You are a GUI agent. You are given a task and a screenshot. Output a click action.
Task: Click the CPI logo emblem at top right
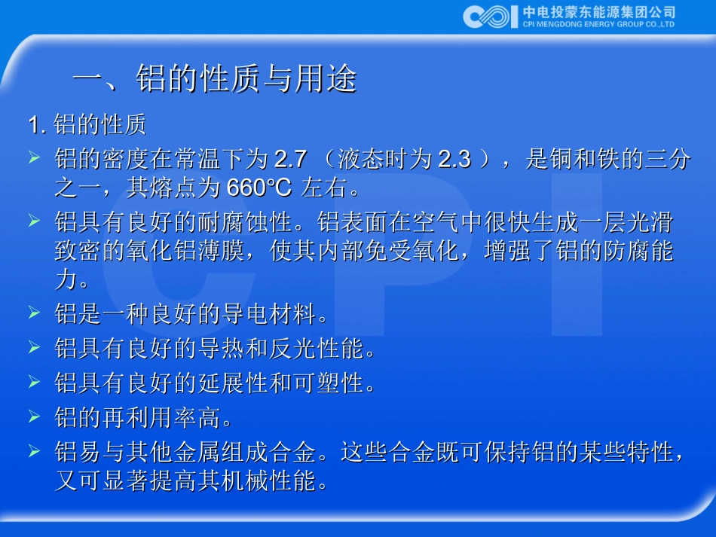tap(491, 16)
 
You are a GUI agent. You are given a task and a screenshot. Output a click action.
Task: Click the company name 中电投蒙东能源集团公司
tap(598, 11)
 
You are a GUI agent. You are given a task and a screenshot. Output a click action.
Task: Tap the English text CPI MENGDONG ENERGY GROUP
tap(598, 24)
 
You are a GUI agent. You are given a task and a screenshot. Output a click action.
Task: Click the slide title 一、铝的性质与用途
tap(214, 79)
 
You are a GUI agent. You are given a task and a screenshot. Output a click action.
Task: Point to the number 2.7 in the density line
tap(290, 159)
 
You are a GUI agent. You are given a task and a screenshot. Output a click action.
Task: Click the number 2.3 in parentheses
tap(454, 159)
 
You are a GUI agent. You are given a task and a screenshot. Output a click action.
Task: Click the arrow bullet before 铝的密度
tap(34, 158)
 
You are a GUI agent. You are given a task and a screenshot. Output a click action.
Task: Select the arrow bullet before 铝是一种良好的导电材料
tap(34, 312)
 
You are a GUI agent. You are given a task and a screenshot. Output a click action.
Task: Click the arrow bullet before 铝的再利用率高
tap(34, 416)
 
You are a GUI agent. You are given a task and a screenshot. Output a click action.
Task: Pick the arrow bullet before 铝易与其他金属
tap(34, 451)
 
